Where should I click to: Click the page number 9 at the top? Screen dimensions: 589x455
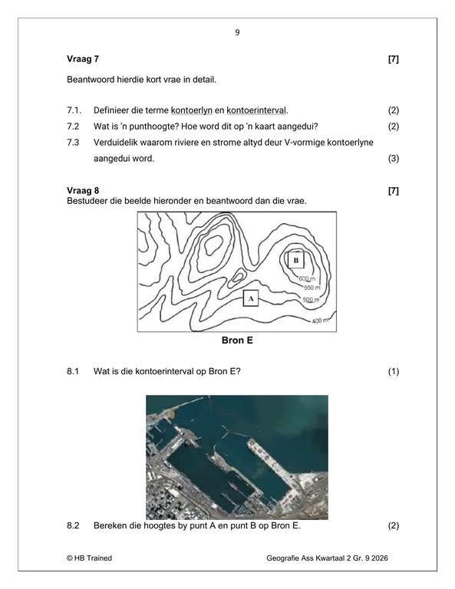coord(237,33)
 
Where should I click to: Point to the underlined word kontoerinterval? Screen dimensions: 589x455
coord(256,110)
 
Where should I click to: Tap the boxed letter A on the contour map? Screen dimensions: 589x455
coord(250,298)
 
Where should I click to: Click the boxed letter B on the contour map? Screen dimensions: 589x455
coord(296,261)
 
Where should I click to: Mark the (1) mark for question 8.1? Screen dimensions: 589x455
coord(394,372)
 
